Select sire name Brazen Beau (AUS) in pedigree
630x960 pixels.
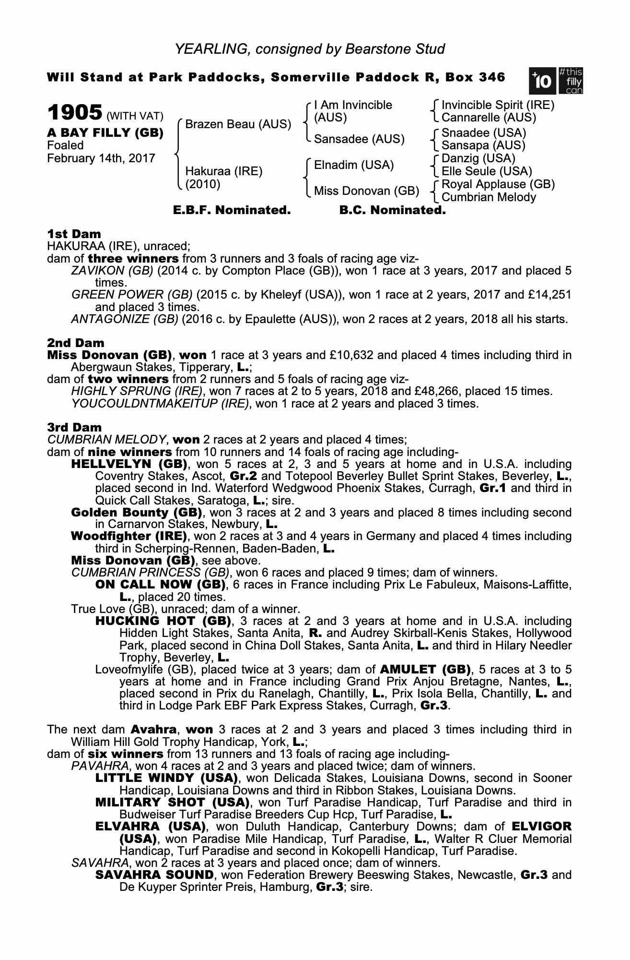pos(238,124)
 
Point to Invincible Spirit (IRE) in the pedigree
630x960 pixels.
pos(498,105)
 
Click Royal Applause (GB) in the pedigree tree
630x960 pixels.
pos(498,184)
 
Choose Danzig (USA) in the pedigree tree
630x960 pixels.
pos(478,158)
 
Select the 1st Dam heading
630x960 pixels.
pos(74,234)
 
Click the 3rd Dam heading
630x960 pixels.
pos(74,427)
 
